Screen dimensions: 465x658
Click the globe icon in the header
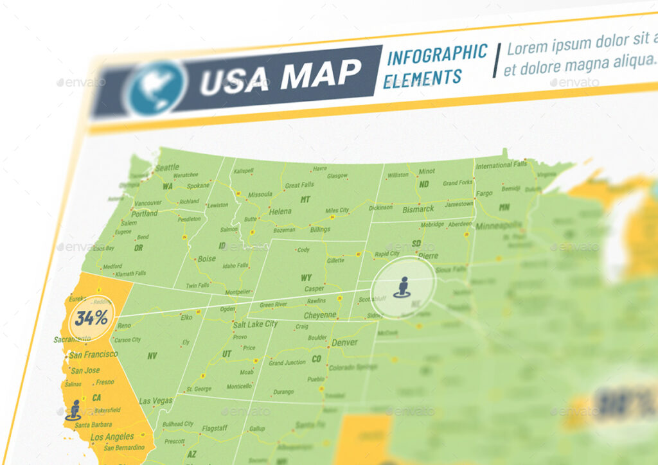tap(154, 87)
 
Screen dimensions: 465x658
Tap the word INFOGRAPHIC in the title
tap(437, 54)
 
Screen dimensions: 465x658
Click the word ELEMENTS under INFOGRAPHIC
tap(422, 78)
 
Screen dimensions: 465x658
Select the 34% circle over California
tap(91, 317)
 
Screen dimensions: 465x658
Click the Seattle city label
tap(167, 168)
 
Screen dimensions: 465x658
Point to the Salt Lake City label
tap(255, 324)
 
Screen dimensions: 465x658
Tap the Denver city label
tap(344, 342)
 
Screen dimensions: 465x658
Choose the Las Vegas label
tap(156, 401)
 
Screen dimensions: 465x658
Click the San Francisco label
tap(93, 355)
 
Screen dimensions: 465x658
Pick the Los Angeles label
tap(112, 437)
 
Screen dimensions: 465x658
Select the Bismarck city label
tap(418, 209)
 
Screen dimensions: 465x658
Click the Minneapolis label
tap(499, 226)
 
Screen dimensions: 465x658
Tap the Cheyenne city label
tap(320, 315)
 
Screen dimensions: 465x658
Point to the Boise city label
tap(206, 259)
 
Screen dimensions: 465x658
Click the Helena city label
tap(280, 211)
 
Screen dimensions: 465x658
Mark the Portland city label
tap(145, 213)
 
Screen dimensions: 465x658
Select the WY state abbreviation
tap(307, 278)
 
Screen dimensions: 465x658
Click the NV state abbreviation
tap(152, 356)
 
